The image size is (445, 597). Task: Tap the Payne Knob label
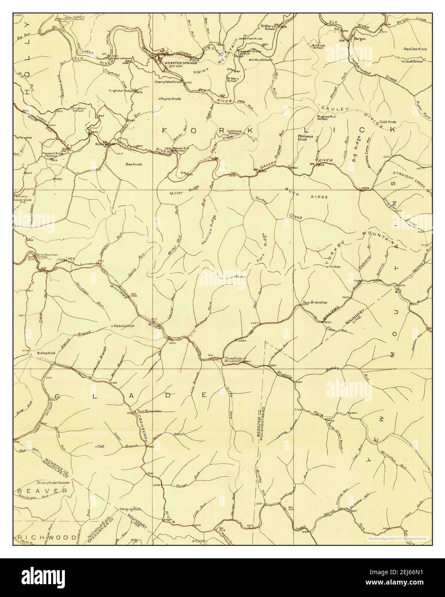[x=171, y=99]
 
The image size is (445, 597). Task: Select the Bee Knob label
[x=134, y=164]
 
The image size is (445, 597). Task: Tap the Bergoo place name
[x=359, y=39]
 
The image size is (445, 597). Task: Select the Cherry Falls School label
[x=168, y=81]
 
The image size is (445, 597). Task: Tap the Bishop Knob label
[x=46, y=353]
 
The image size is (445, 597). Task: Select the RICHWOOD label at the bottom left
[x=47, y=537]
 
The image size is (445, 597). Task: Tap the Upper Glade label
[x=23, y=200]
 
